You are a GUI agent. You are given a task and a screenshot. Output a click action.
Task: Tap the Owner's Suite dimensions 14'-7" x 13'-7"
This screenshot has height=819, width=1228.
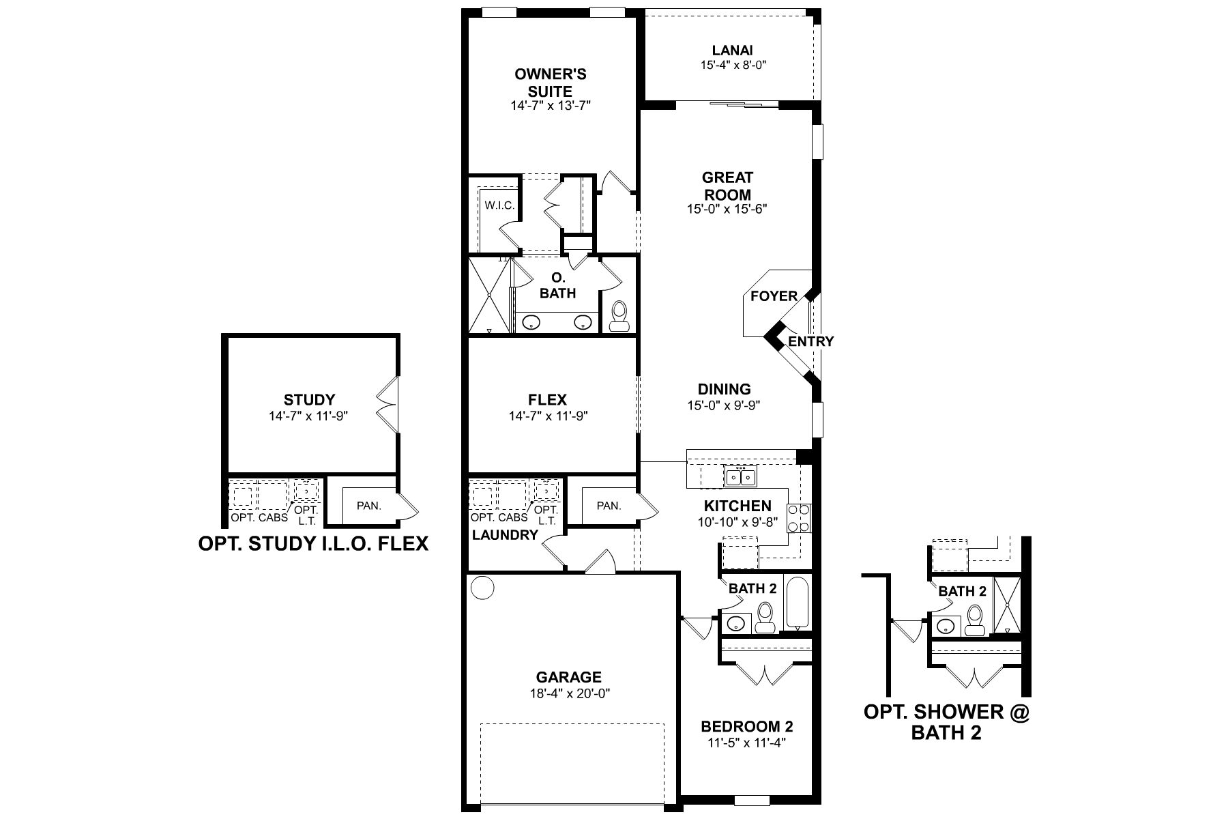click(x=550, y=106)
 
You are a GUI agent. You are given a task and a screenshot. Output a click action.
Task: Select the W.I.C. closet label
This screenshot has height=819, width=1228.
click(x=499, y=205)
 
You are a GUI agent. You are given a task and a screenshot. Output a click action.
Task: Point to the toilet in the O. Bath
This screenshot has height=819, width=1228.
click(x=619, y=317)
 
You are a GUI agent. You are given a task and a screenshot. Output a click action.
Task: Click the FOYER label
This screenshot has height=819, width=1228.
click(x=774, y=296)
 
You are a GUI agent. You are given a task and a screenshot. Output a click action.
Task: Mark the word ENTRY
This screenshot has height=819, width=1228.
click(x=810, y=341)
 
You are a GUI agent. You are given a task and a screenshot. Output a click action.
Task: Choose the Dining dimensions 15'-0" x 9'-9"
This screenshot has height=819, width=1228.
click(x=724, y=405)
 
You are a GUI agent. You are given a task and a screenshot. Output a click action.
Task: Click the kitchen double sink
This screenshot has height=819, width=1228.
click(x=740, y=476)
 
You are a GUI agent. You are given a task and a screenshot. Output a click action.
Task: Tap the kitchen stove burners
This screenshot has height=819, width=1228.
click(x=798, y=517)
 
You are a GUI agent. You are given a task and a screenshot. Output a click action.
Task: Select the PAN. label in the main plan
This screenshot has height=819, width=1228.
click(x=609, y=506)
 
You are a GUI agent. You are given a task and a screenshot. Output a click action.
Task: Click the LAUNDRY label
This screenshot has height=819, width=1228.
click(x=505, y=535)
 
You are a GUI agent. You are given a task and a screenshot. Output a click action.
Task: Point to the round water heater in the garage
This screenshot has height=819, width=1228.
click(x=483, y=587)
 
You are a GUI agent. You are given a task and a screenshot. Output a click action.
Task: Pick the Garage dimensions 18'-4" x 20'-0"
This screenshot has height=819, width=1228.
click(x=568, y=693)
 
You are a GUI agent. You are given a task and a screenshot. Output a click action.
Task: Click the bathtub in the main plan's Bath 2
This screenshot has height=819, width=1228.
click(x=798, y=603)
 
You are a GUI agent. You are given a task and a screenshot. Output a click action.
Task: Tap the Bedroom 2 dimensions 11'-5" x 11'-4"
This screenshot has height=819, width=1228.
click(x=747, y=743)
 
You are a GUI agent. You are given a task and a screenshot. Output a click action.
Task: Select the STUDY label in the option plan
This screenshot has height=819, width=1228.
click(x=309, y=400)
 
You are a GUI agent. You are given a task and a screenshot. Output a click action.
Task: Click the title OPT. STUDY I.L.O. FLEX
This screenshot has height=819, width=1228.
click(x=313, y=543)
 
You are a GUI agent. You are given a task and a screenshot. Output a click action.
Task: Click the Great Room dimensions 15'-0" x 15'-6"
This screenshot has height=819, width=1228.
click(x=727, y=210)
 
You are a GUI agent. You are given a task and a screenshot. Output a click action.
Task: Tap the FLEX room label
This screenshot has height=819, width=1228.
click(x=547, y=400)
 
